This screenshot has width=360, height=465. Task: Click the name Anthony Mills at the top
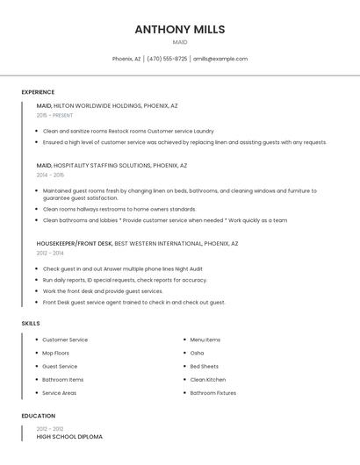pyautogui.click(x=179, y=29)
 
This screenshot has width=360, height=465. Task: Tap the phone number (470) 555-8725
pyautogui.click(x=167, y=59)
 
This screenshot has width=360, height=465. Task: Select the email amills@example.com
pyautogui.click(x=220, y=59)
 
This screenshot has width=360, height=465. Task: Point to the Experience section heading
pyautogui.click(x=38, y=92)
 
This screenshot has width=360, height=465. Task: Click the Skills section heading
pyautogui.click(x=31, y=324)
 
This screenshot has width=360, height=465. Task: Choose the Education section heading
pyautogui.click(x=38, y=416)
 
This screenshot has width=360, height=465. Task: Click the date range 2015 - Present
pyautogui.click(x=54, y=115)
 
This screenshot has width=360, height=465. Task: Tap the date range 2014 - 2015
pyautogui.click(x=50, y=175)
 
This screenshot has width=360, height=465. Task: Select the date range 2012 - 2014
pyautogui.click(x=50, y=253)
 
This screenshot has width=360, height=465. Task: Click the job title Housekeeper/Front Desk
pyautogui.click(x=74, y=243)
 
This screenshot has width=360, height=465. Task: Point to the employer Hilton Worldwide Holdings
pyautogui.click(x=97, y=105)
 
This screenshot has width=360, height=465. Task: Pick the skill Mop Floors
pyautogui.click(x=55, y=353)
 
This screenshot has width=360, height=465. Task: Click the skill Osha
pyautogui.click(x=197, y=353)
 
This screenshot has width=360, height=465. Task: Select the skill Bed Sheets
pyautogui.click(x=204, y=366)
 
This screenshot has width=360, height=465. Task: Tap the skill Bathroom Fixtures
pyautogui.click(x=212, y=393)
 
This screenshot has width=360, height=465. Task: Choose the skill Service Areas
pyautogui.click(x=59, y=393)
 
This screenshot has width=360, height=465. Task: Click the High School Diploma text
pyautogui.click(x=69, y=436)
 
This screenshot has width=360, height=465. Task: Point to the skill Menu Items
pyautogui.click(x=205, y=340)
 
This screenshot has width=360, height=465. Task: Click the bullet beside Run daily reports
pyautogui.click(x=37, y=280)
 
